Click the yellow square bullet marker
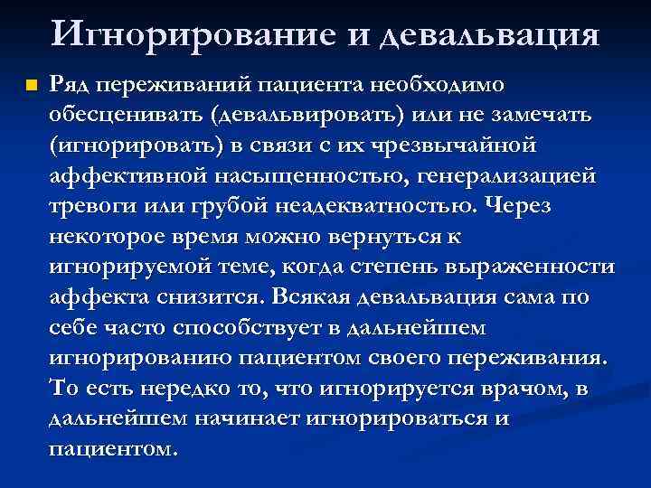(x=30, y=86)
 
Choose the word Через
(x=518, y=205)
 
